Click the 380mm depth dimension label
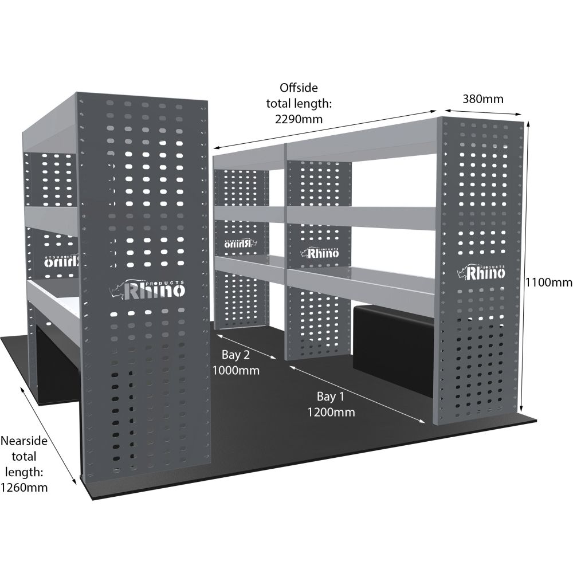(482, 99)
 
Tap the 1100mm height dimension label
(549, 282)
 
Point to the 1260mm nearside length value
(23, 488)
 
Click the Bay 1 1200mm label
(331, 404)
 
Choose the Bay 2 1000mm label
(236, 362)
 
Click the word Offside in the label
(298, 88)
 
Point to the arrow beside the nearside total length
(48, 435)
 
